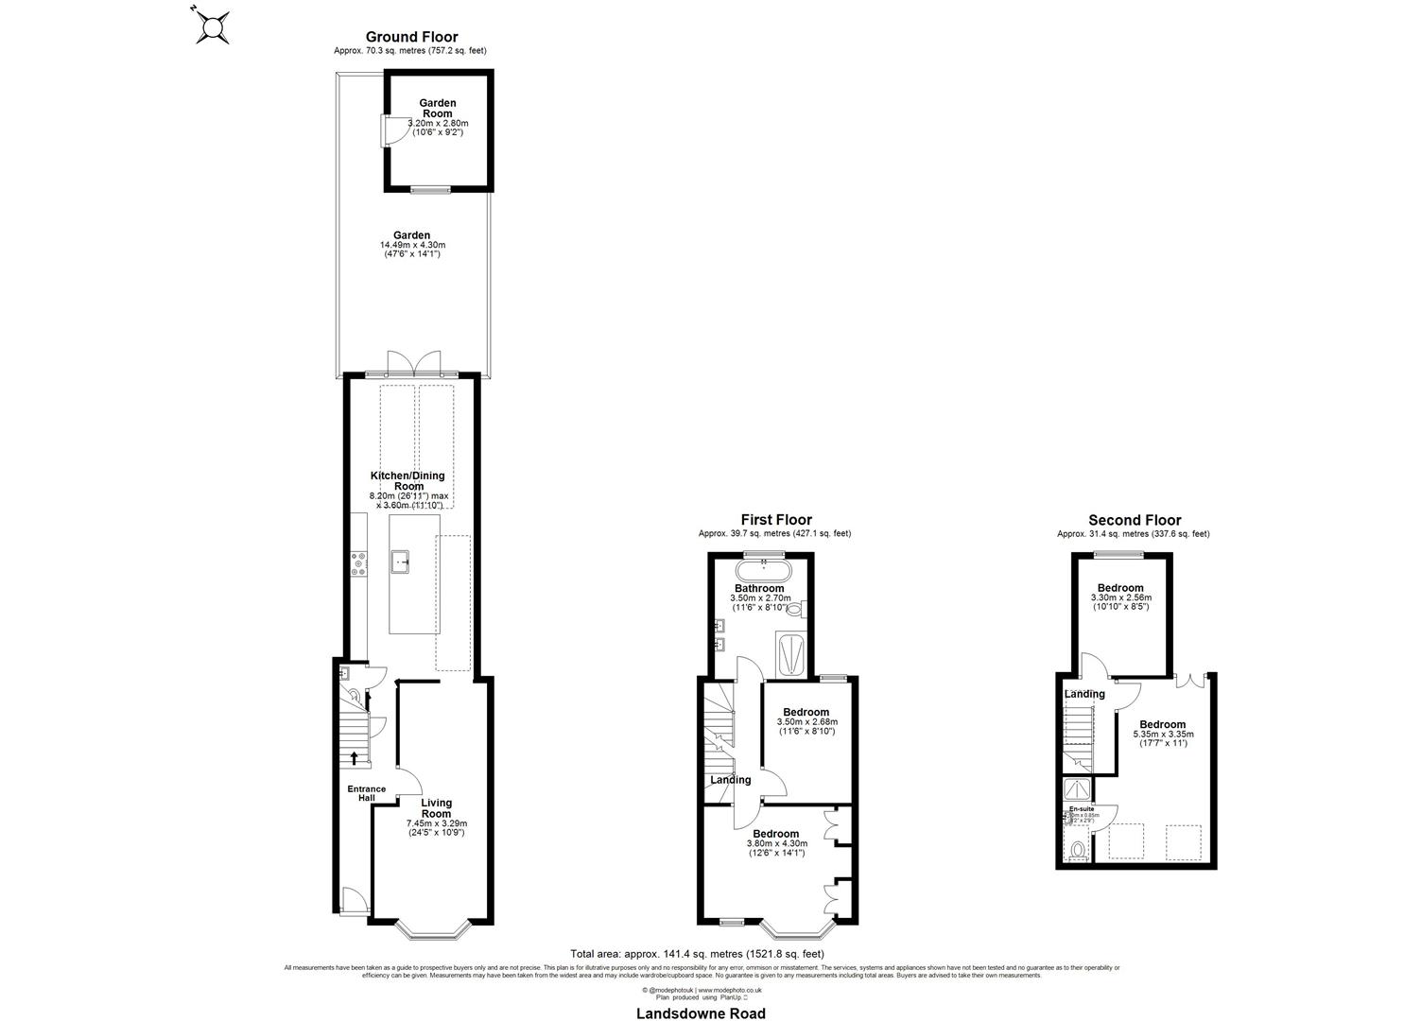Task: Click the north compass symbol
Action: (x=213, y=26)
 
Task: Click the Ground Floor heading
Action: (x=411, y=37)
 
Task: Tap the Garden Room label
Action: (x=438, y=108)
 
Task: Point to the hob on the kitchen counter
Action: (x=359, y=564)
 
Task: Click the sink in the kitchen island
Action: (x=402, y=562)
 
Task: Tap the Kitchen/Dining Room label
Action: (x=407, y=480)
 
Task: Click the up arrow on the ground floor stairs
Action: (x=355, y=756)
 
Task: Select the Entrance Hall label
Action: (x=366, y=793)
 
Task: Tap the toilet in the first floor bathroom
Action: (x=793, y=610)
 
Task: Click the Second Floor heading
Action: (x=1134, y=520)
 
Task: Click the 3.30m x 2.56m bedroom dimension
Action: (x=1120, y=597)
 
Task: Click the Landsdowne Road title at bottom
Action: (x=702, y=1013)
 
